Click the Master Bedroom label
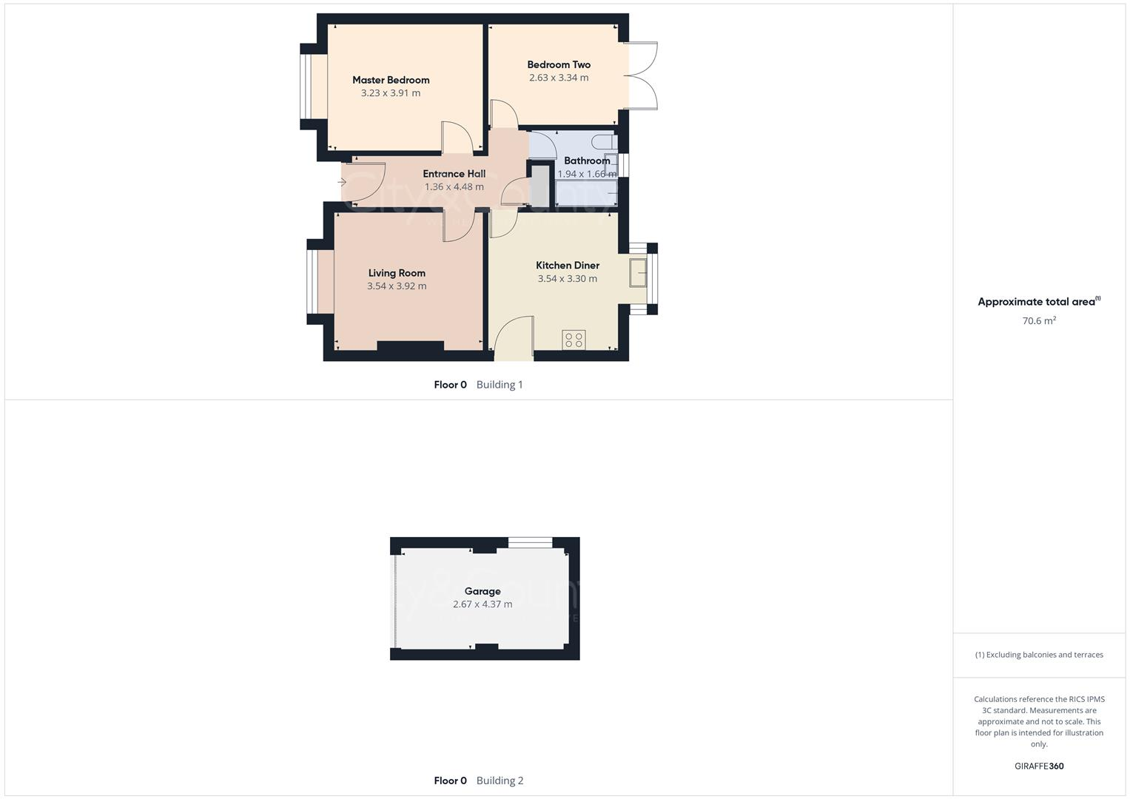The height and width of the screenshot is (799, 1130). pyautogui.click(x=391, y=80)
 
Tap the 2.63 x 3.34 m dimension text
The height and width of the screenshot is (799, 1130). pyautogui.click(x=559, y=78)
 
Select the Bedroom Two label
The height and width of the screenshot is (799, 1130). pyautogui.click(x=559, y=64)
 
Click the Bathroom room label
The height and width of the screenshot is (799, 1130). pyautogui.click(x=587, y=161)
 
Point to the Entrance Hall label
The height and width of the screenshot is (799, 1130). pyautogui.click(x=454, y=174)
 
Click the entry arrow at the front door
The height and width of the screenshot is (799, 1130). pyautogui.click(x=342, y=181)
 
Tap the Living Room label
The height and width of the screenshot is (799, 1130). pyautogui.click(x=397, y=273)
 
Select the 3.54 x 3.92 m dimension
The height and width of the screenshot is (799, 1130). pyautogui.click(x=397, y=286)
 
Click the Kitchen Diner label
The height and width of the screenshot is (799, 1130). pyautogui.click(x=568, y=265)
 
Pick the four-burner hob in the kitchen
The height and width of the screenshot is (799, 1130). pyautogui.click(x=574, y=340)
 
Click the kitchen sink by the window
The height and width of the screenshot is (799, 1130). pyautogui.click(x=638, y=272)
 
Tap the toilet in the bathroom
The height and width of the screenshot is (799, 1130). pyautogui.click(x=605, y=141)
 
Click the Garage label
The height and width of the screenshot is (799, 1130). pyautogui.click(x=482, y=591)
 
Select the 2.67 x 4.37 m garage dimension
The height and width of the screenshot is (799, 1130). pyautogui.click(x=482, y=604)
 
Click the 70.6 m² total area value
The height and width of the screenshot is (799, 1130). pyautogui.click(x=1039, y=321)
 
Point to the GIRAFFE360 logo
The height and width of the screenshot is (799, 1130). pyautogui.click(x=1039, y=766)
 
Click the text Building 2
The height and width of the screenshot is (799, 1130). pyautogui.click(x=500, y=781)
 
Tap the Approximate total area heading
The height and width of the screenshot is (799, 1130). pyautogui.click(x=1037, y=302)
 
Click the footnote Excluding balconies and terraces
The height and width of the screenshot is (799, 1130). pyautogui.click(x=1039, y=655)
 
